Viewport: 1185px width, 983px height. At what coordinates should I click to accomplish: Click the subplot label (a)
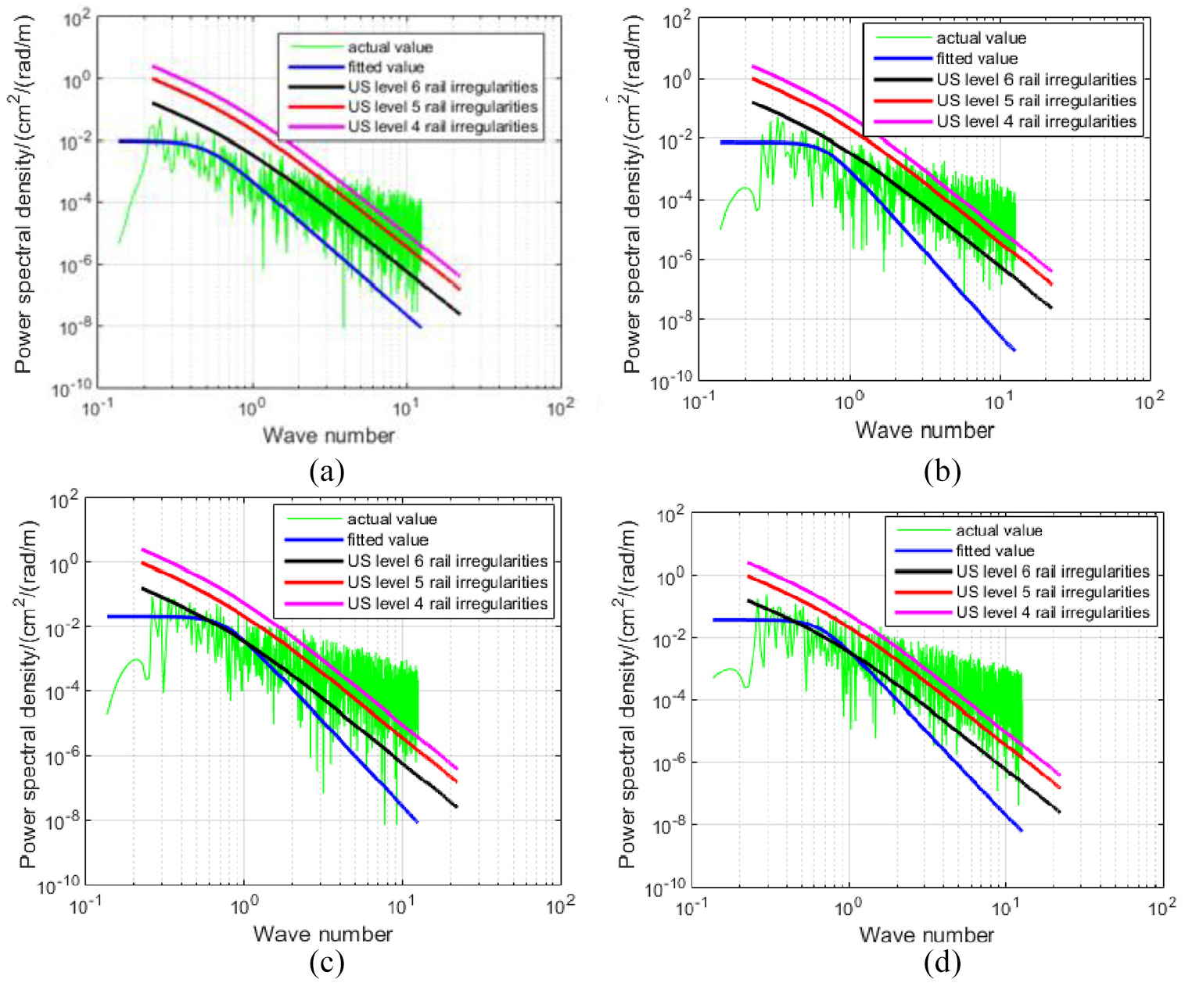coord(328,471)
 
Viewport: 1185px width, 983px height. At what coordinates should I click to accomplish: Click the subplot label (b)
coord(942,471)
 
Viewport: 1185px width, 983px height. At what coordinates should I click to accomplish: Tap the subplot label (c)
coord(327,963)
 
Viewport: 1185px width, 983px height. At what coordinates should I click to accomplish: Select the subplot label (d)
coord(942,963)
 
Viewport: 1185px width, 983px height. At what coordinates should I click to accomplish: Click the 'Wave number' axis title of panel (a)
coord(329,436)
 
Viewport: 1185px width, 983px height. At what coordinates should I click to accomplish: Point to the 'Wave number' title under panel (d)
coord(927,935)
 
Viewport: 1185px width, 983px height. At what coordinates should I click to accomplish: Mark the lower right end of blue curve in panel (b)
coord(1014,350)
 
